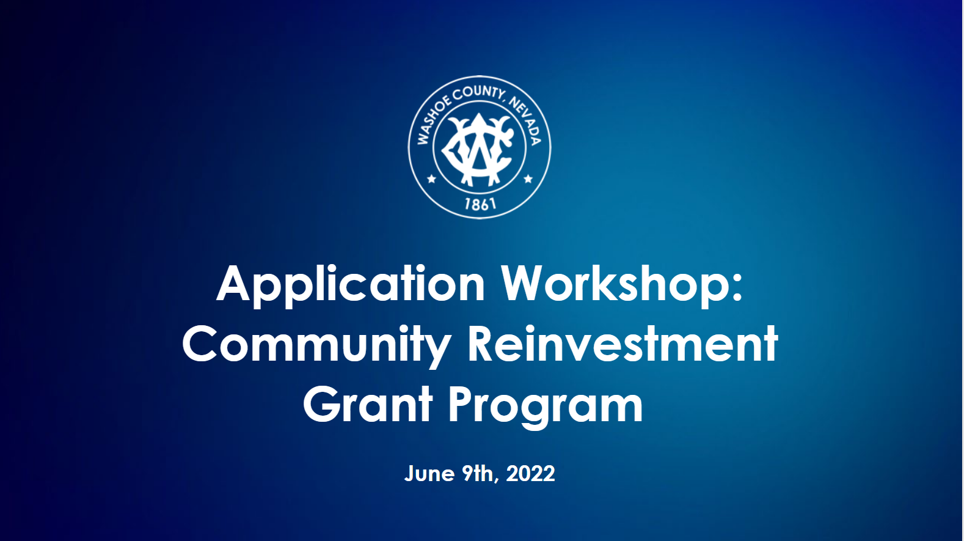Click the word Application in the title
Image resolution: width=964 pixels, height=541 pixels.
(351, 285)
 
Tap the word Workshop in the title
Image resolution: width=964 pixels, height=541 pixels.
(615, 285)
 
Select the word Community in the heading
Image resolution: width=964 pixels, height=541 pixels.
(316, 345)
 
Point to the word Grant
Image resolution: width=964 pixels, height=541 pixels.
(368, 404)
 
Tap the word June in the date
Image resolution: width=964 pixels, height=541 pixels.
(429, 473)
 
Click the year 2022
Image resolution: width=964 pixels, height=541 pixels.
(531, 473)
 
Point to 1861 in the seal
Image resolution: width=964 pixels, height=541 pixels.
(480, 204)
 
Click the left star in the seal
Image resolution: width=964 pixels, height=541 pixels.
(431, 178)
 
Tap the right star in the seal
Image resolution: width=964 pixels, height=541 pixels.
(528, 178)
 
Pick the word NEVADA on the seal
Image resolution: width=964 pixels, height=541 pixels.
(525, 120)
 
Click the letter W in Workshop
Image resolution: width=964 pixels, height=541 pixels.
(525, 284)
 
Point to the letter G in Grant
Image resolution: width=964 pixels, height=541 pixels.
(322, 405)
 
